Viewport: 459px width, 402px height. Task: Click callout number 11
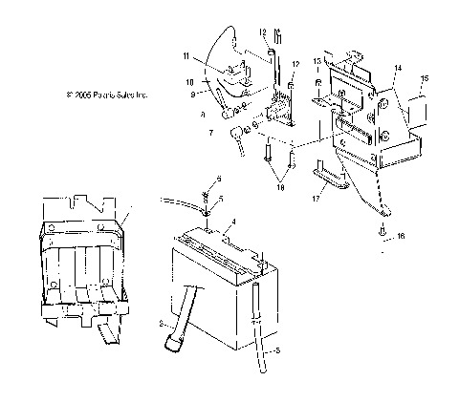[187, 56]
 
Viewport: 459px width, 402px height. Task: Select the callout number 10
[190, 82]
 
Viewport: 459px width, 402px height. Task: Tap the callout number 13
[317, 60]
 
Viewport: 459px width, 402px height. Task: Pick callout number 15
[426, 77]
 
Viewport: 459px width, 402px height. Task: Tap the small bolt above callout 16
[382, 229]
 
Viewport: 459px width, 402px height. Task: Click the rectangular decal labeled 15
[419, 105]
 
